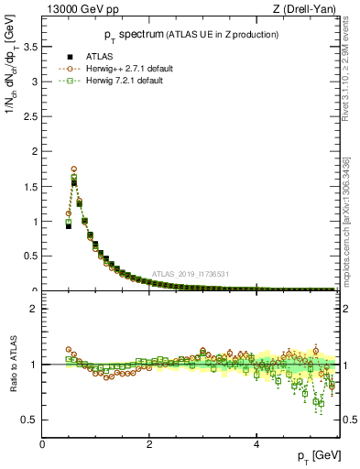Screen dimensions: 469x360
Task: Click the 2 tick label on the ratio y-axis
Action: pyautogui.click(x=34, y=309)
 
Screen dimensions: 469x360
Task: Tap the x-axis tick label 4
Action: pyautogui.click(x=256, y=444)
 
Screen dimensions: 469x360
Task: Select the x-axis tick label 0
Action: pyautogui.click(x=42, y=444)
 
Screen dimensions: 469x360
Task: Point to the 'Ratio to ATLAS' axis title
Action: pyautogui.click(x=12, y=365)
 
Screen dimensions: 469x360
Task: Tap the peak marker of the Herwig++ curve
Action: pyautogui.click(x=73, y=169)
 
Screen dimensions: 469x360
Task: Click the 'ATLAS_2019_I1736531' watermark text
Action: pyautogui.click(x=190, y=274)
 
